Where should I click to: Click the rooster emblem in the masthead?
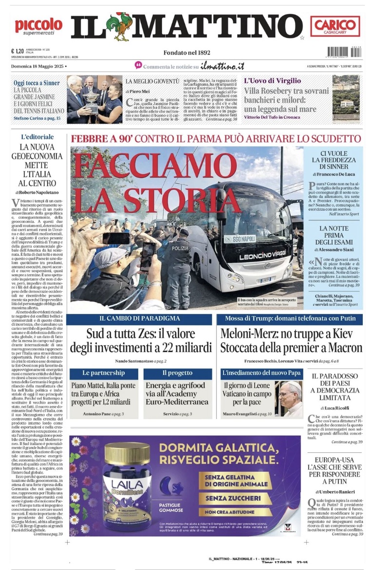pos(120,26)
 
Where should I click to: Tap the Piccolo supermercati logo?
pos(38,26)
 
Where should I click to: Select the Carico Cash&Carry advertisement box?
pos(335,26)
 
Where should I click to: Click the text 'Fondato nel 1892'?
pos(187,53)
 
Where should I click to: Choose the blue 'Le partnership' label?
pos(103,373)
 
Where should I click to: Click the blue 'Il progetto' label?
pos(177,373)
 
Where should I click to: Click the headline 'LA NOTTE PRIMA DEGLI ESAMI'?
pos(334,235)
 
